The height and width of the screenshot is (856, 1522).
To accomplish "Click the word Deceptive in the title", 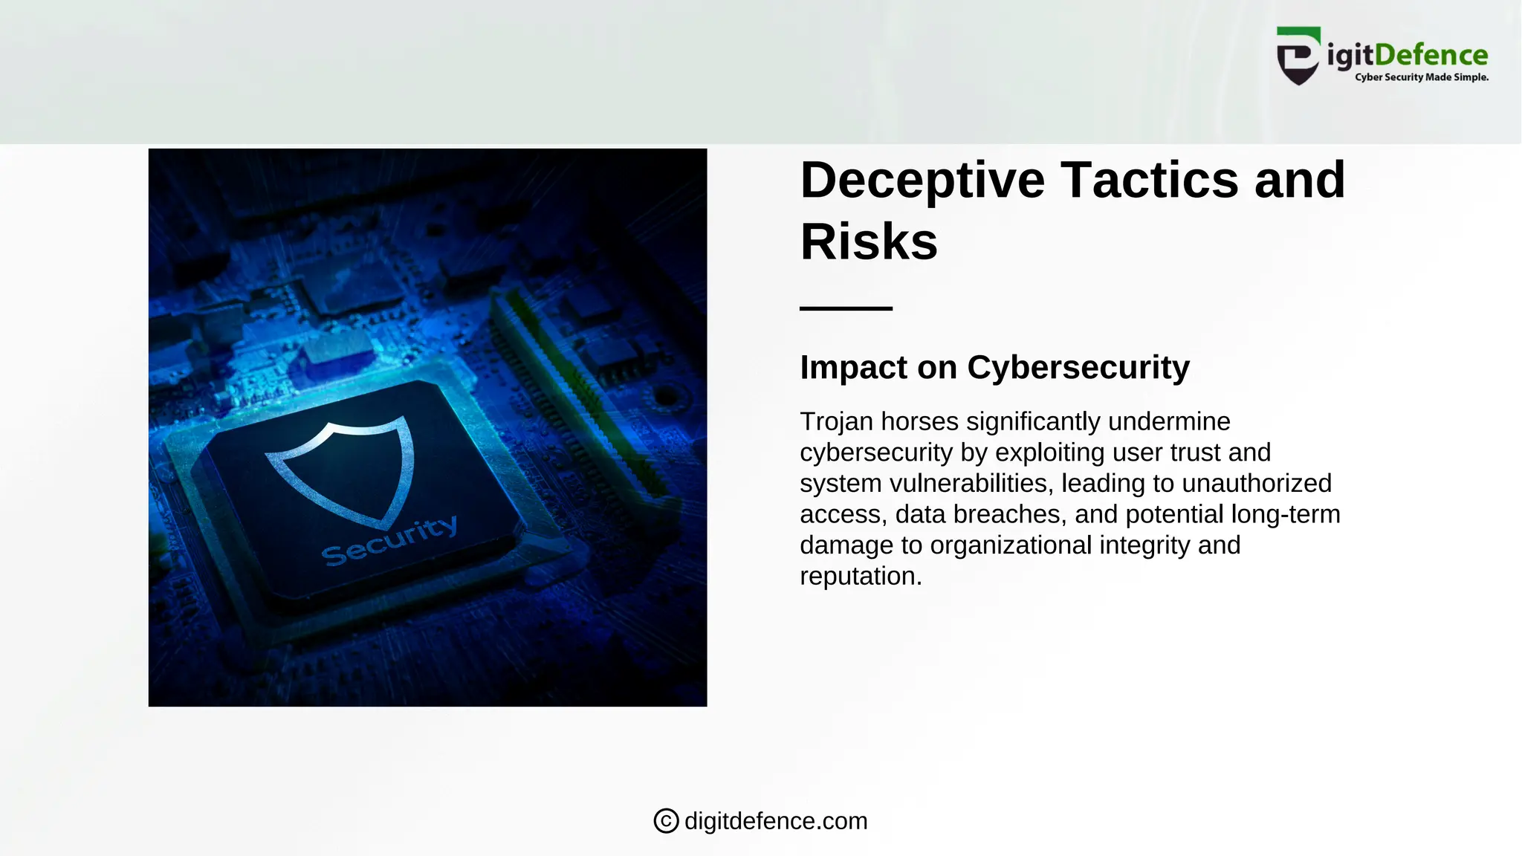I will point(922,181).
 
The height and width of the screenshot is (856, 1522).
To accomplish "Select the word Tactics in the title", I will point(1149,181).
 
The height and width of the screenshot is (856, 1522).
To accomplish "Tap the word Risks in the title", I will point(869,242).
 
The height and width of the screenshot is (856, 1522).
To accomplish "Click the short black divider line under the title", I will point(846,308).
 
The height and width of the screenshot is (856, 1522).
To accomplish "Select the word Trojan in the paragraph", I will point(836,422).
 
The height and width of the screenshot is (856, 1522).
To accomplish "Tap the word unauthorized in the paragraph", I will point(1257,484).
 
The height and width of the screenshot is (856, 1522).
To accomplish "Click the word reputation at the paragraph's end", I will point(861,577).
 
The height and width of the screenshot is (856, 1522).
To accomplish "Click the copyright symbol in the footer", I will point(666,821).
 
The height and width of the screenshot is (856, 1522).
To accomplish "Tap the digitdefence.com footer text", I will point(776,821).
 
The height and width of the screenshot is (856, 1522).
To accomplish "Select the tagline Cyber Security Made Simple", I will point(1421,77).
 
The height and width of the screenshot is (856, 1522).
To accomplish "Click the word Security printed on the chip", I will point(389,541).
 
